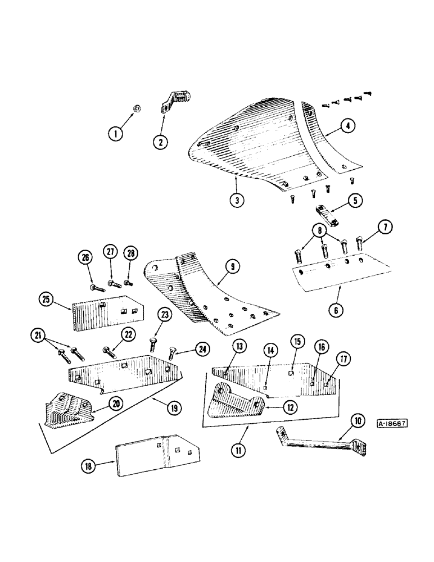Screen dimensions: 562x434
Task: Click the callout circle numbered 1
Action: coord(116,134)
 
